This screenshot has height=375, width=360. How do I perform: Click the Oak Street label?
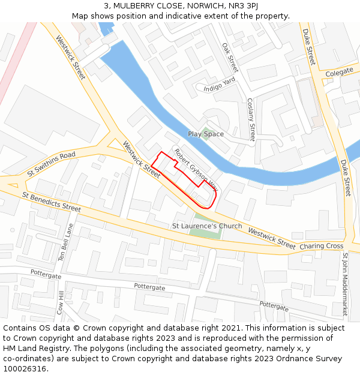230,58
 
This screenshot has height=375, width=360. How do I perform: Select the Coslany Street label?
251,120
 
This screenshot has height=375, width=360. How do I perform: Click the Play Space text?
206,134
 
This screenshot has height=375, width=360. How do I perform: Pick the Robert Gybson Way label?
196,171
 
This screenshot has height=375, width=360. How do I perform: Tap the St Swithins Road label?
51,164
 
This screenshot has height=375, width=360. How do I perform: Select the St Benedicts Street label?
52,202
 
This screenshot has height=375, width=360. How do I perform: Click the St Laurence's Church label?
207,226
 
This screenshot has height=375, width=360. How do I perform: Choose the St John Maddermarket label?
345,284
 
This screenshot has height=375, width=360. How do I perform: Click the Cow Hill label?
61,303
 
